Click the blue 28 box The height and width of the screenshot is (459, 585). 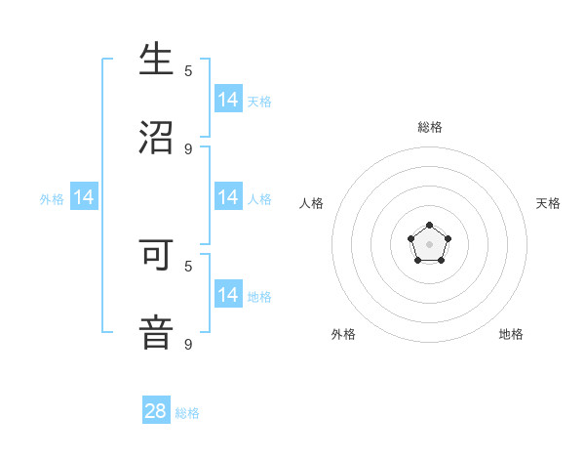(x=156, y=411)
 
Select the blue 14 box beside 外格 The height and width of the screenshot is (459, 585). (x=84, y=198)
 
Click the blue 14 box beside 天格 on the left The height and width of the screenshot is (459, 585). (x=228, y=100)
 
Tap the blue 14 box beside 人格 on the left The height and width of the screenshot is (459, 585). (x=228, y=197)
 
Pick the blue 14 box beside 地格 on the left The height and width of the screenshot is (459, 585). (x=228, y=295)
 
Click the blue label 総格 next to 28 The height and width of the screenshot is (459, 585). (x=187, y=413)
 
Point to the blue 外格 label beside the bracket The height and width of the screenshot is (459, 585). (x=52, y=199)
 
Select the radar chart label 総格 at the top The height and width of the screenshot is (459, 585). (x=429, y=127)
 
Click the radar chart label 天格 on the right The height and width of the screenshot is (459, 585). (x=548, y=203)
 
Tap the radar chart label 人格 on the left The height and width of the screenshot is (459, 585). (x=311, y=203)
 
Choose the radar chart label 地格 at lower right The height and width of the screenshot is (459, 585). (x=511, y=334)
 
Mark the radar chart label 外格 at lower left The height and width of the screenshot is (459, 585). (x=343, y=334)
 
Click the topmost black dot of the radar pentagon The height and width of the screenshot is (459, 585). (x=429, y=226)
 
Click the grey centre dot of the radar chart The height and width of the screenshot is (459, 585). (x=429, y=244)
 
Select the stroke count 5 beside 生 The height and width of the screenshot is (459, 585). (x=188, y=70)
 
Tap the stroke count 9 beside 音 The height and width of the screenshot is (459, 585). (x=188, y=344)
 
